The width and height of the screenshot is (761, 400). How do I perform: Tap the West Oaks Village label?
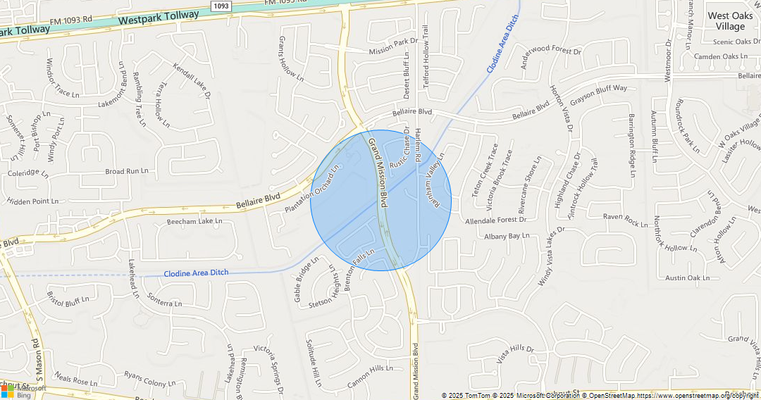730,21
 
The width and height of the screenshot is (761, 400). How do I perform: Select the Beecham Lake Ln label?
194,221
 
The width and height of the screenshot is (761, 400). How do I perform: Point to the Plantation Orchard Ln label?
312,190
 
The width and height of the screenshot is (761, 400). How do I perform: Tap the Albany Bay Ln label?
506,236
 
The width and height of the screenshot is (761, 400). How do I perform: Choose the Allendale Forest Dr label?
495,220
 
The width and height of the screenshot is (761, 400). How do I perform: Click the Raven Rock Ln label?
626,220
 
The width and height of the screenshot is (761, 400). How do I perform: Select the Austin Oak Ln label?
687,277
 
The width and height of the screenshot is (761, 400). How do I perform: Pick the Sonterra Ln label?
166,302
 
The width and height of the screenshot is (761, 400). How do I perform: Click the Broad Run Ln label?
127,171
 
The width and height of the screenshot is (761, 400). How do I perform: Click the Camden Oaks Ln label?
721,56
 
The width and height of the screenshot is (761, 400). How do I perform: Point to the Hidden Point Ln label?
33,201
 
